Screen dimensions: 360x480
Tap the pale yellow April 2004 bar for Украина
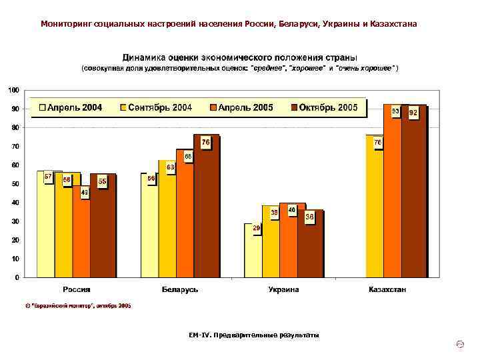(253, 253)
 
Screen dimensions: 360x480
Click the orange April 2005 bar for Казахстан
(392, 193)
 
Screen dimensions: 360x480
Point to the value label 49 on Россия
(85, 193)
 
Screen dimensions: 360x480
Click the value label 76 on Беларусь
(205, 142)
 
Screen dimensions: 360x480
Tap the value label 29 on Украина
(256, 228)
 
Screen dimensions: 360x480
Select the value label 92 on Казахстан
(413, 113)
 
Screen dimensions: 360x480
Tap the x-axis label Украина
(283, 289)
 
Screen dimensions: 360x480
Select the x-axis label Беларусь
(180, 289)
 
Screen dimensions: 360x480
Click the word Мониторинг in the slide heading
(67, 24)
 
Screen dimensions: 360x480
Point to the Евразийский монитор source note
(78, 305)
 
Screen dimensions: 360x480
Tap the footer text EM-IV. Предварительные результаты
(254, 335)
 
